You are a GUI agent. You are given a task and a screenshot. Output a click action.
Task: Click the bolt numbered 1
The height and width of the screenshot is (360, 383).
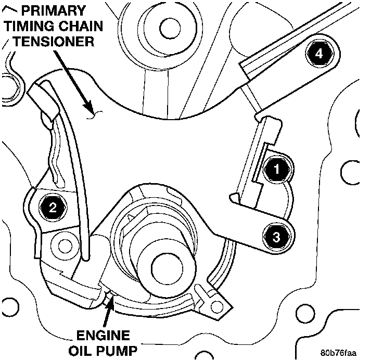pos(277,169)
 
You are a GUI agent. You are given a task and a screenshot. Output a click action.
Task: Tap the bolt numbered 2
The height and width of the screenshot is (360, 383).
pos(53,209)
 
